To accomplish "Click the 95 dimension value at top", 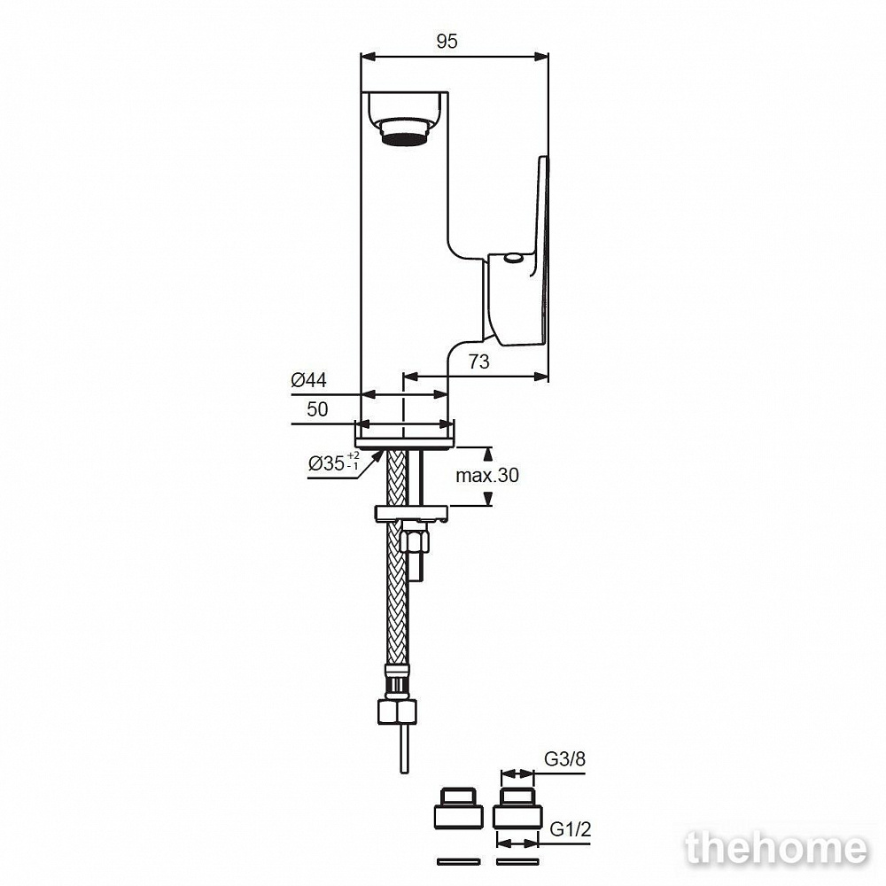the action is pos(447,42).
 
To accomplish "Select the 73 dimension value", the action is pos(478,361).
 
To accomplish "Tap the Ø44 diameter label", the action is pos(308,380).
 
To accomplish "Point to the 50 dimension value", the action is pos(317,409).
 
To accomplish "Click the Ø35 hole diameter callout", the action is pos(333,462).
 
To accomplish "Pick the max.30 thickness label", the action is pos(487,475).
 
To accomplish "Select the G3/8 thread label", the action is pos(565,759).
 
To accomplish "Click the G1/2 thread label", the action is pos(571,829).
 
